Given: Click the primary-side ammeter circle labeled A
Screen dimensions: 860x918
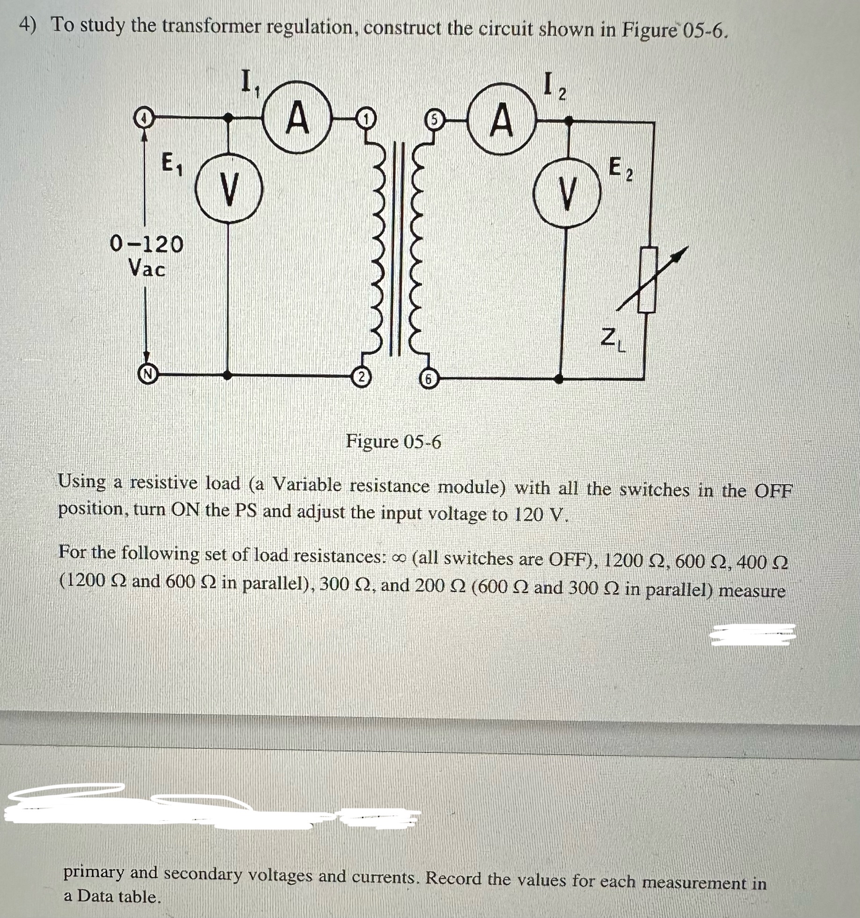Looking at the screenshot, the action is tap(298, 117).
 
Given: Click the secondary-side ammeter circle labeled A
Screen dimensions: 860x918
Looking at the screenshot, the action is tap(501, 119).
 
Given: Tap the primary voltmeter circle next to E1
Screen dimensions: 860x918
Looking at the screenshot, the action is tap(229, 189).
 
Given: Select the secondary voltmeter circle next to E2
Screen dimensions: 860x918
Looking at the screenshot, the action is tap(567, 193).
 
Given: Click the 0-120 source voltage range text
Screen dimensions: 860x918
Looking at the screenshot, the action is tap(146, 244).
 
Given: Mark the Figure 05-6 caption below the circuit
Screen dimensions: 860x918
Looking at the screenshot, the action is tap(393, 441).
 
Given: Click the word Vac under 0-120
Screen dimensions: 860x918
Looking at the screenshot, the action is tap(146, 269).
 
